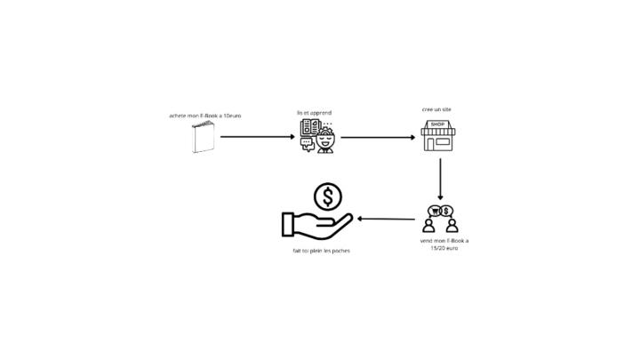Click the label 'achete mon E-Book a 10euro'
(205, 116)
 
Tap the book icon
(204, 137)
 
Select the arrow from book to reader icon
(257, 137)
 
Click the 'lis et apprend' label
(315, 113)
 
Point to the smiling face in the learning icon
(325, 141)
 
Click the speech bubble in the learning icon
(307, 143)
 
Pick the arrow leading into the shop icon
(378, 138)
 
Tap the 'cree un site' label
(436, 109)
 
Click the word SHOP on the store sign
(437, 124)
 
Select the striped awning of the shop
(438, 132)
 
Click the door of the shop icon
(430, 144)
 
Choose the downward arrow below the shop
(440, 180)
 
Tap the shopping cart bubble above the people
(435, 211)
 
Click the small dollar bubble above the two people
(447, 211)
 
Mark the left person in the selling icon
(428, 225)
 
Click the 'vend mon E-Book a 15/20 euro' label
(444, 244)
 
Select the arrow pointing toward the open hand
(386, 219)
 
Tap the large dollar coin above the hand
(328, 196)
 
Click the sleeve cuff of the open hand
(288, 225)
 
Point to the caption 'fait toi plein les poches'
(321, 251)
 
